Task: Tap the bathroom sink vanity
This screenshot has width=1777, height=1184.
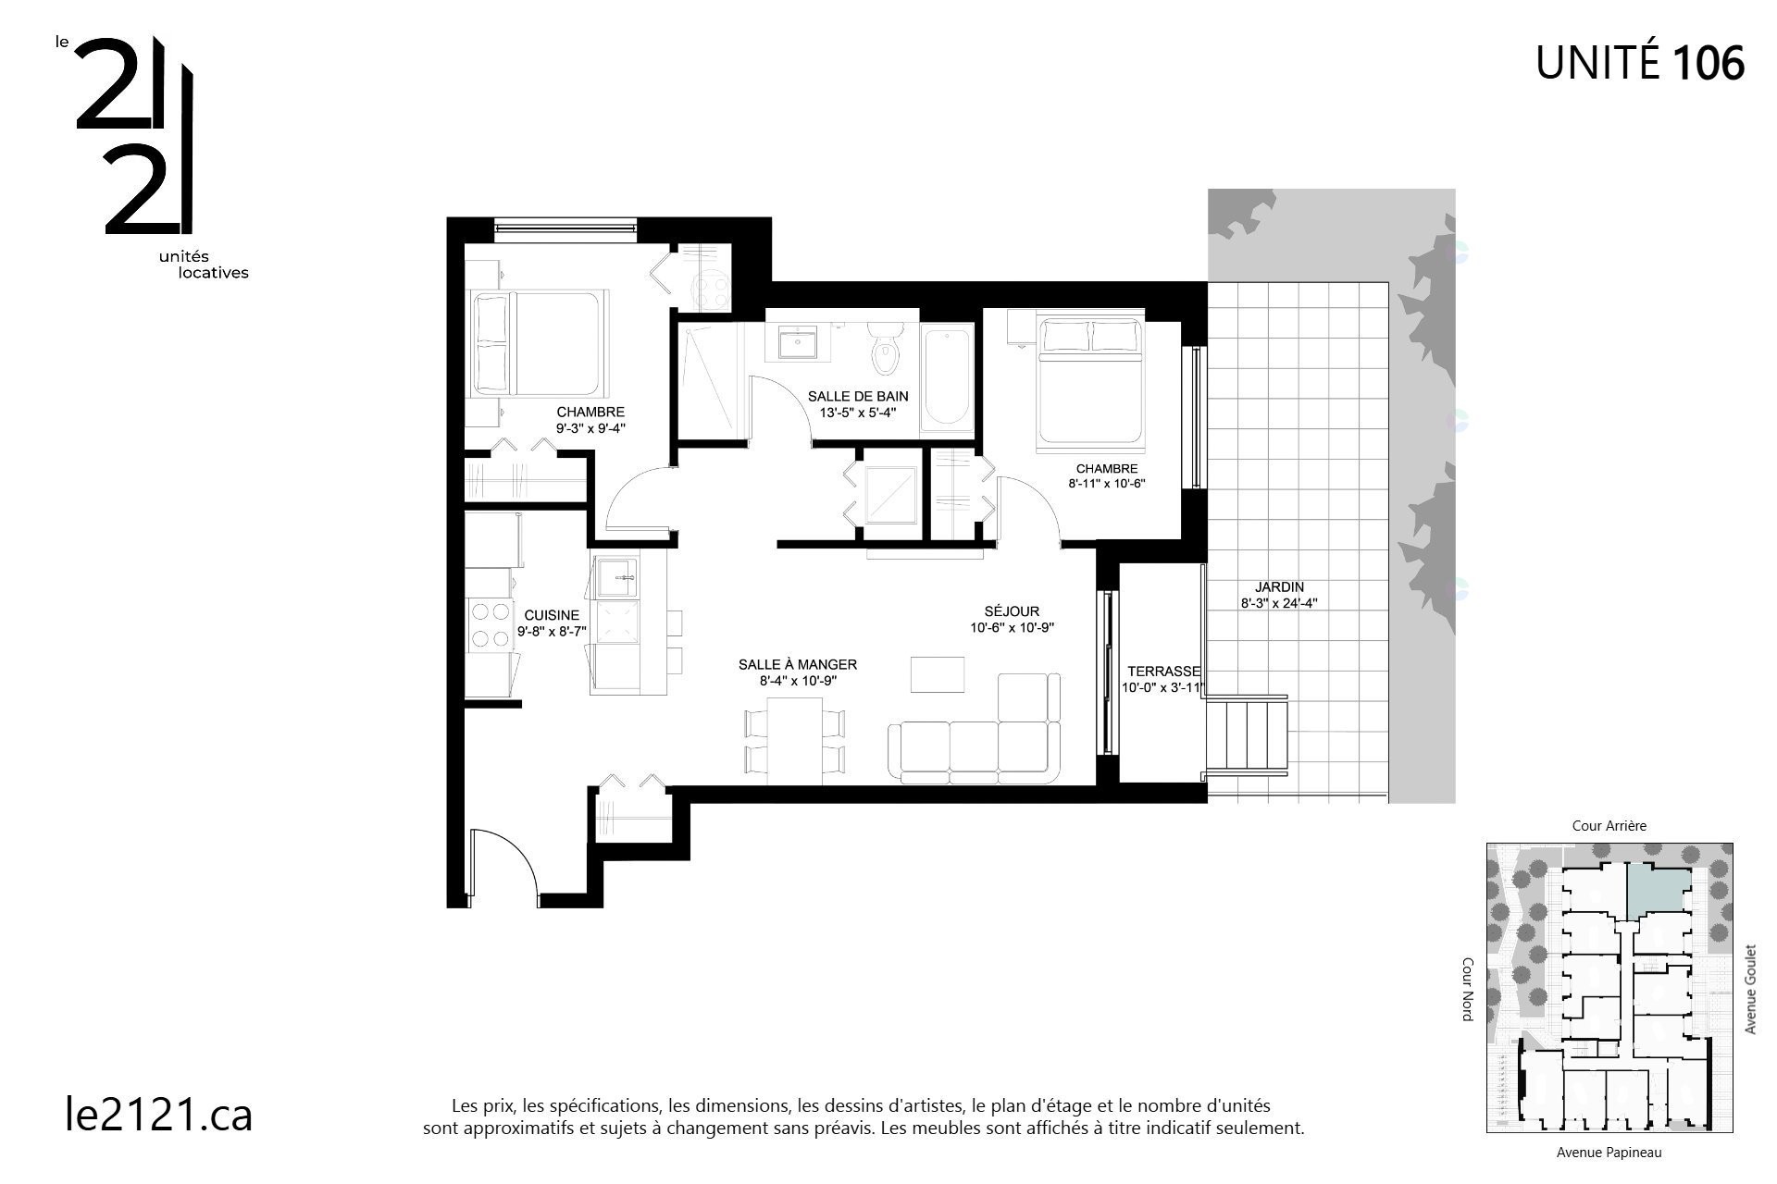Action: pos(797,343)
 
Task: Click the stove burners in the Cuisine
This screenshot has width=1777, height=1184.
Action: pos(491,624)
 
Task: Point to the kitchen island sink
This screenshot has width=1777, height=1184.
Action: pos(616,577)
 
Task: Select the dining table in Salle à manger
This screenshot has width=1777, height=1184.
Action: pos(795,737)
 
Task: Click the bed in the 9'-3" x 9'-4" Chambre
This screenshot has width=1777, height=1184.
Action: pos(539,343)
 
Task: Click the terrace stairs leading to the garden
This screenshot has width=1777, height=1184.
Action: pos(1249,735)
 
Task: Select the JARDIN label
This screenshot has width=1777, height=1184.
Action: pos(1279,587)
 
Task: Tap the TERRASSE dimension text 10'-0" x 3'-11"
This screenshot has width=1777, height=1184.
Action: pos(1162,688)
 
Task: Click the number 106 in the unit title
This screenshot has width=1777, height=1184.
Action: pos(1708,63)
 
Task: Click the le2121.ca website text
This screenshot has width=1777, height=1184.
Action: pos(159,1114)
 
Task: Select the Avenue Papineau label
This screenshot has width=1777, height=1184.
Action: pos(1609,1153)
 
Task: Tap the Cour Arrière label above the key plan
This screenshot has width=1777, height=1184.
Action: pos(1609,826)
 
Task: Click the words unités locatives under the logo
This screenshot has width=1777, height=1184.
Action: pos(204,265)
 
